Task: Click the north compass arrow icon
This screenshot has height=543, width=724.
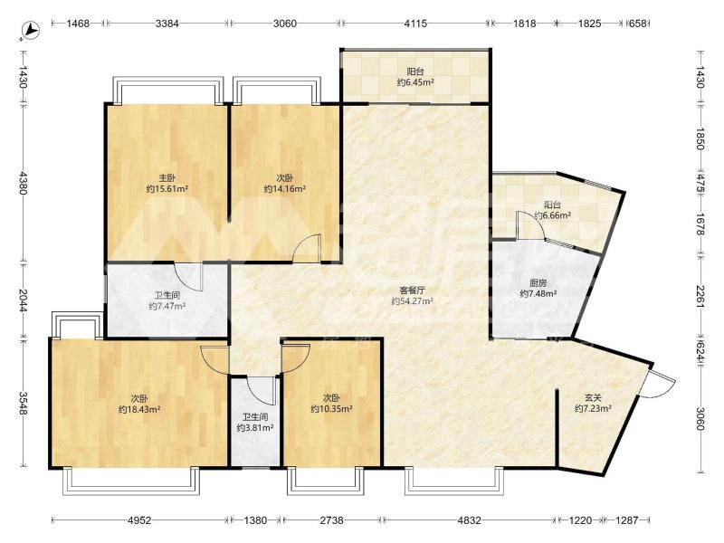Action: [x=32, y=30]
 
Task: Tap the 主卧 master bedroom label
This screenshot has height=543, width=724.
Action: [x=167, y=177]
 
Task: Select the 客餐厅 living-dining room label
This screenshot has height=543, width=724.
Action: [x=412, y=291]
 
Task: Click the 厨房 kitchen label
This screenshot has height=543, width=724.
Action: [x=538, y=283]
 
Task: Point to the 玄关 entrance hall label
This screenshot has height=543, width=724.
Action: [x=593, y=397]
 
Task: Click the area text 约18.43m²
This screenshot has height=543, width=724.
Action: [x=139, y=409]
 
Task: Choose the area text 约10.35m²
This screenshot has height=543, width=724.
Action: [x=332, y=409]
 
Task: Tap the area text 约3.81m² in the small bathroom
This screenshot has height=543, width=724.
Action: [x=255, y=428]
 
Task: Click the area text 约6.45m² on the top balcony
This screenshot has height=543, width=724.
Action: [x=415, y=82]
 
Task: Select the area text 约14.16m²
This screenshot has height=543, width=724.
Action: [x=285, y=189]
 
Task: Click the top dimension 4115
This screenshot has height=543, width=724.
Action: [x=415, y=24]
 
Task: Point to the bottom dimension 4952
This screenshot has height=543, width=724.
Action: [x=139, y=520]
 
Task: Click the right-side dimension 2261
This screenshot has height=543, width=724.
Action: [x=700, y=297]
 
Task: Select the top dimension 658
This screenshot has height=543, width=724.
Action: [x=638, y=24]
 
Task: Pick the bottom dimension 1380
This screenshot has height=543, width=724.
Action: [x=255, y=520]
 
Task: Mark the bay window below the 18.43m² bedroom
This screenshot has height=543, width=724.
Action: [x=131, y=481]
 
